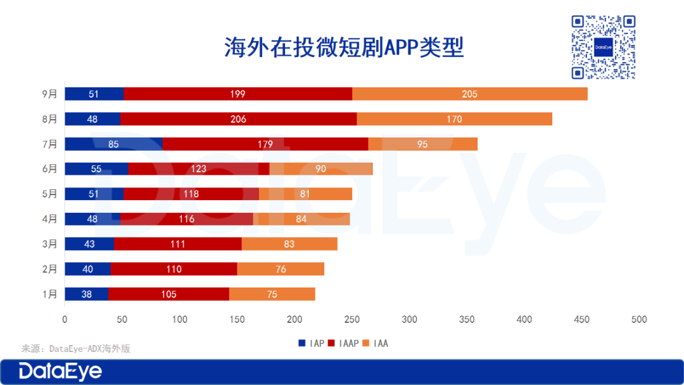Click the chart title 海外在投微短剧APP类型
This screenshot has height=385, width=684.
coord(344,47)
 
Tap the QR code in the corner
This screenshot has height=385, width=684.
coord(603,47)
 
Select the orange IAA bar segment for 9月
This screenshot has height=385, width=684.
coord(469,94)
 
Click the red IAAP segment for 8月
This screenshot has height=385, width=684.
coord(238,119)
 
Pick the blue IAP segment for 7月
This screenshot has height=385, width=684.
coord(113,144)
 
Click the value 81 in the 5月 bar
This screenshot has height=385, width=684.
coord(305,194)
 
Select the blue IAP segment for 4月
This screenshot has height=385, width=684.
coord(92,219)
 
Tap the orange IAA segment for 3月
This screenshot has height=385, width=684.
coord(289,244)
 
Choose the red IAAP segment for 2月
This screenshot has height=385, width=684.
coord(174,269)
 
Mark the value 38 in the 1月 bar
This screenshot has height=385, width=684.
coord(87,294)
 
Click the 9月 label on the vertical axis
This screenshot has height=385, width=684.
coord(49,94)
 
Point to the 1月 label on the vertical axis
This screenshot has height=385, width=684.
coord(49,294)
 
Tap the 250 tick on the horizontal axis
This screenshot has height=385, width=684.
coord(352,320)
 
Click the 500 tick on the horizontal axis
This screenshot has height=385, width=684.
coord(639,320)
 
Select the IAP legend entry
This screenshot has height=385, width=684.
coord(312,343)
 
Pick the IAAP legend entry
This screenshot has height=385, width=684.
coord(344,343)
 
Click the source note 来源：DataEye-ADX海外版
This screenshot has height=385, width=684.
coord(76,348)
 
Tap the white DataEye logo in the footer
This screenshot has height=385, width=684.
coord(60,371)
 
